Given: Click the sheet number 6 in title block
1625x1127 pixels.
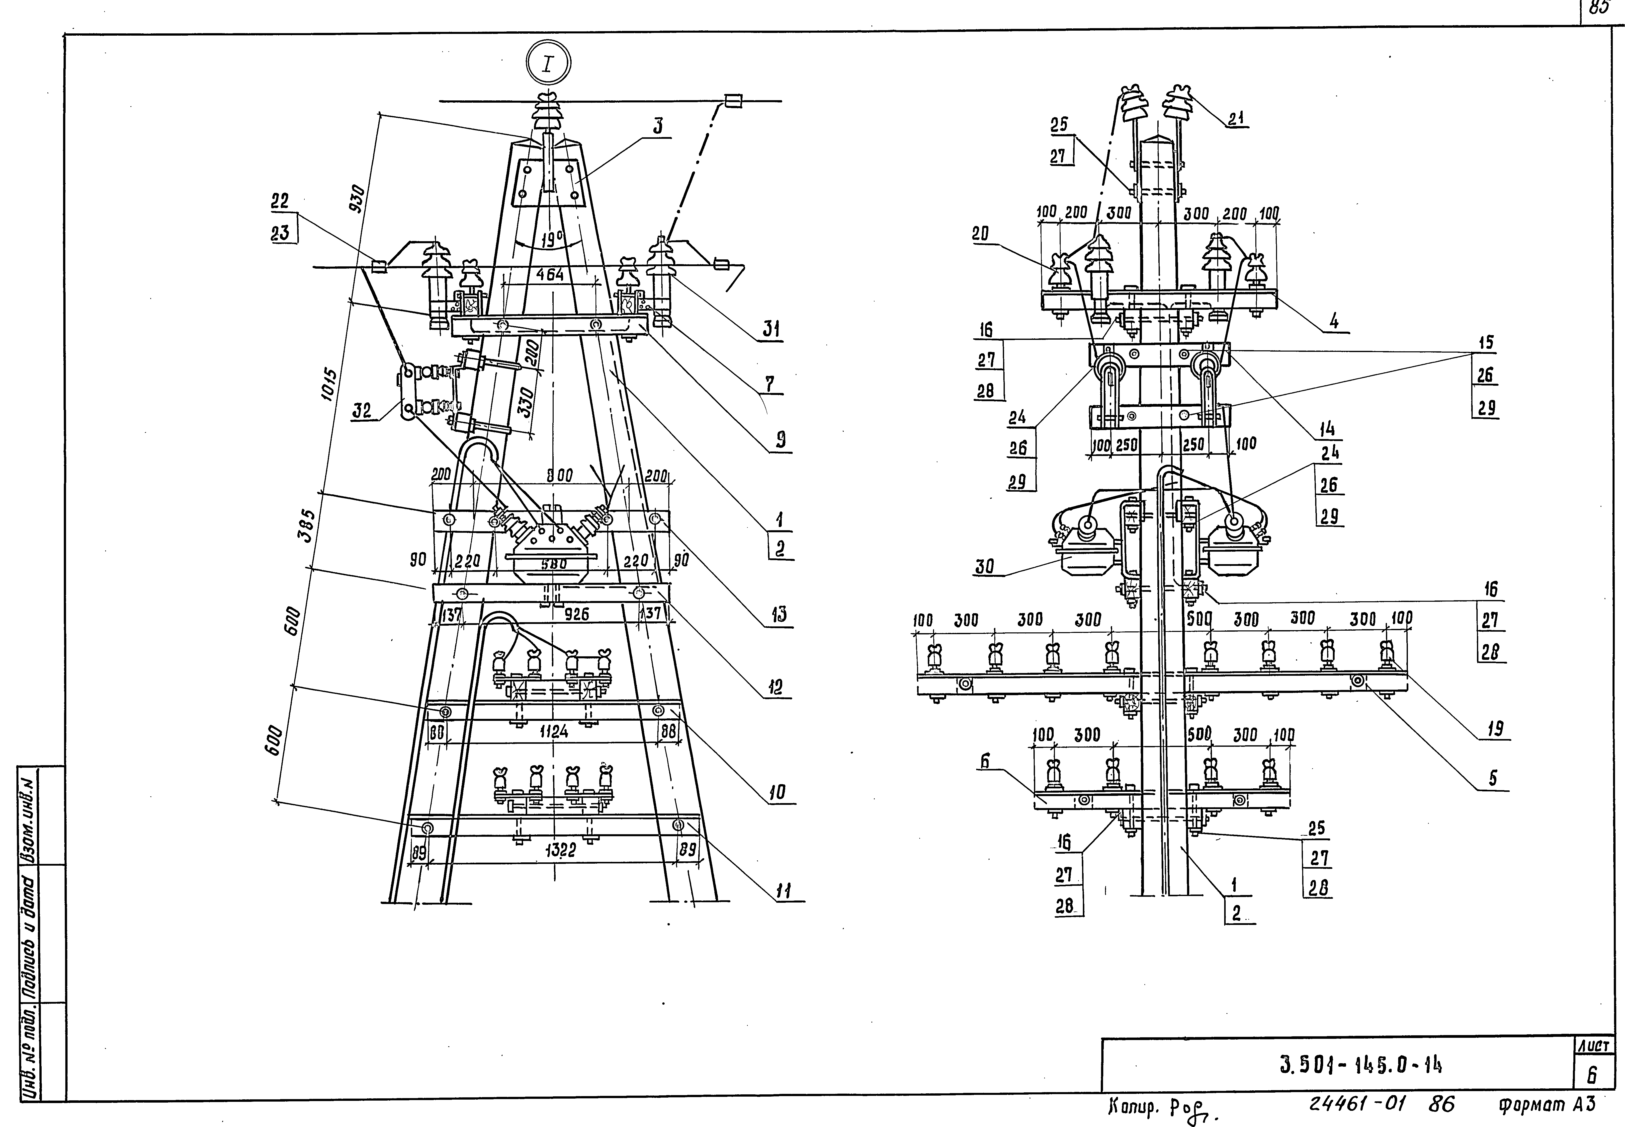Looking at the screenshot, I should tap(1592, 1075).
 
